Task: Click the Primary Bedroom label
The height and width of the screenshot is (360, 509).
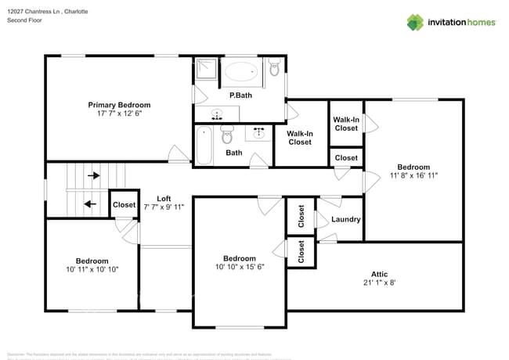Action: (119, 104)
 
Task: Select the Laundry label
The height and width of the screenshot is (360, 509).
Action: (345, 219)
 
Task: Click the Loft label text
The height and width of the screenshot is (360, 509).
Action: (164, 198)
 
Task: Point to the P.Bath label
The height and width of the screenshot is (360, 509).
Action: (240, 95)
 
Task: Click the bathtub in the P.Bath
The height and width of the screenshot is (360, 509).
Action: (240, 73)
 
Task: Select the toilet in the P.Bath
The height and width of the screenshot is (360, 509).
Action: (274, 70)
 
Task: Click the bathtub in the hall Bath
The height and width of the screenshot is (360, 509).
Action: (204, 146)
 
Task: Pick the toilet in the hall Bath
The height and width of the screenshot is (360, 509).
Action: (227, 135)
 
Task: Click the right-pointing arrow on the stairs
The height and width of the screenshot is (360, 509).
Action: (94, 176)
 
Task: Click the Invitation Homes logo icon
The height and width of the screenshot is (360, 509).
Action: (414, 22)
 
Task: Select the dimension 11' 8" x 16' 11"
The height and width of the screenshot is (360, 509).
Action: (413, 175)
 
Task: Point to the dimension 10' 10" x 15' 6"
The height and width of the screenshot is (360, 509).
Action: (239, 268)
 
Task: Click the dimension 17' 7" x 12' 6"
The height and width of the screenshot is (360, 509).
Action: (119, 113)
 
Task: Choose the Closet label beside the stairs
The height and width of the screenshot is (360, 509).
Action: (124, 205)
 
